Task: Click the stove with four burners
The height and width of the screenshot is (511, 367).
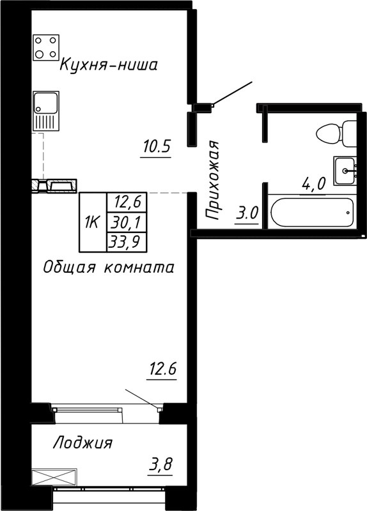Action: coord(46,47)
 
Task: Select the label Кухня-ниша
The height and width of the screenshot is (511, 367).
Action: coord(108,65)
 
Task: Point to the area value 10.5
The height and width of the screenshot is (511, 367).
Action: coord(156,148)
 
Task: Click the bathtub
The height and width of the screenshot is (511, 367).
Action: coord(312,213)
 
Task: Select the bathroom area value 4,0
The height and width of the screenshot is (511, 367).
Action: coord(314,185)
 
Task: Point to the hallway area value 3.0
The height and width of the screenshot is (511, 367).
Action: coord(246,213)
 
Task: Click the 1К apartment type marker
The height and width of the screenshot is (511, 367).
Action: coord(91,222)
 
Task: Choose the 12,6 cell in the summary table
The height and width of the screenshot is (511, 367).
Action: coord(127,203)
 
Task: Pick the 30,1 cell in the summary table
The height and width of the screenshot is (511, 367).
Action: coord(127,222)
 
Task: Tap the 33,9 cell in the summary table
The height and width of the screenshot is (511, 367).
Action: coord(127,241)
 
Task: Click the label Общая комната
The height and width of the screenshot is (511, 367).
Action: coord(108,268)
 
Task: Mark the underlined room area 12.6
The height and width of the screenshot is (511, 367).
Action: coord(162,370)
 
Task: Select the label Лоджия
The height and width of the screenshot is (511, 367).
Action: coord(82,443)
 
